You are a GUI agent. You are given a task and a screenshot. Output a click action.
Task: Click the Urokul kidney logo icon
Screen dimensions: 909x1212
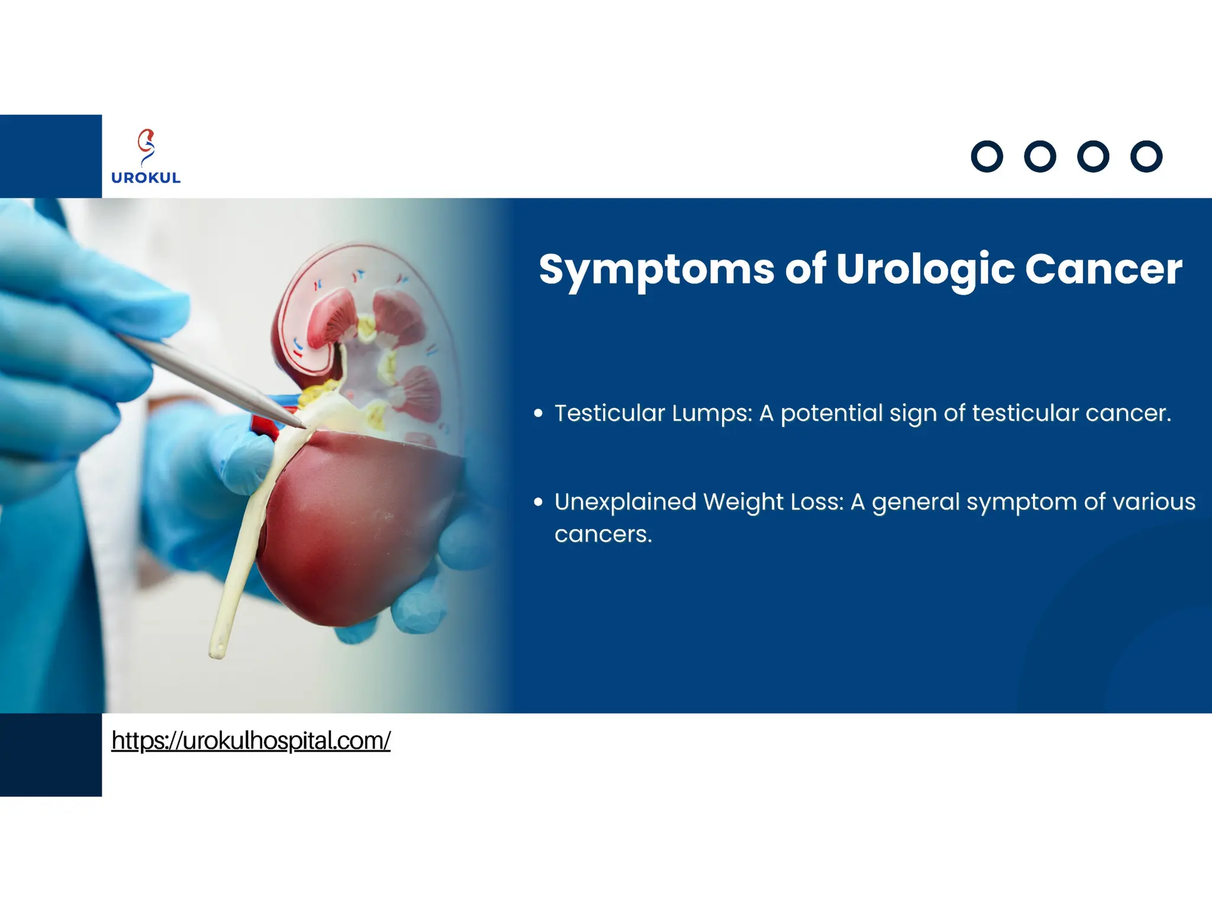[146, 147]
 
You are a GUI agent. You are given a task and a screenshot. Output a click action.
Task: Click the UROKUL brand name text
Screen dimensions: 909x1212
[146, 178]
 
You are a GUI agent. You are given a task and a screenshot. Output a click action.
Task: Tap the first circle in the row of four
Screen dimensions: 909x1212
[987, 157]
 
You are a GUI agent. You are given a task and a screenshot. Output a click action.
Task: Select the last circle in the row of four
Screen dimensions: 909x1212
[1146, 157]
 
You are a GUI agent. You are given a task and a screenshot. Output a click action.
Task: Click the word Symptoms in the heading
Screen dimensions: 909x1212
[656, 270]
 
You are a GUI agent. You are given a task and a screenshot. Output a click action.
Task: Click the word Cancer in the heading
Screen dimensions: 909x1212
[1103, 270]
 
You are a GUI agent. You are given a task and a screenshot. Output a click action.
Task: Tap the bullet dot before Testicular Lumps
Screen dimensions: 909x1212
[538, 413]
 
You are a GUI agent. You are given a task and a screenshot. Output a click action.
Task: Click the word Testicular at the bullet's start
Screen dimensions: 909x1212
[610, 413]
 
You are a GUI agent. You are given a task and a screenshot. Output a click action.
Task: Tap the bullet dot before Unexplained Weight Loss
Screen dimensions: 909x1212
[538, 502]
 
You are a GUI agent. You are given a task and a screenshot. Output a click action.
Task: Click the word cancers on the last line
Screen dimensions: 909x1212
[602, 534]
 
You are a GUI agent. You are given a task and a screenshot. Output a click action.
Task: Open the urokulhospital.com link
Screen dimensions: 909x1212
[251, 740]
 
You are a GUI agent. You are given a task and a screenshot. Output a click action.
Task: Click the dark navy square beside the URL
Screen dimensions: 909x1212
[51, 755]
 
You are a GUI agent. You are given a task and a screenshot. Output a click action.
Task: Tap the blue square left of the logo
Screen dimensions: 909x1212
[51, 156]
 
